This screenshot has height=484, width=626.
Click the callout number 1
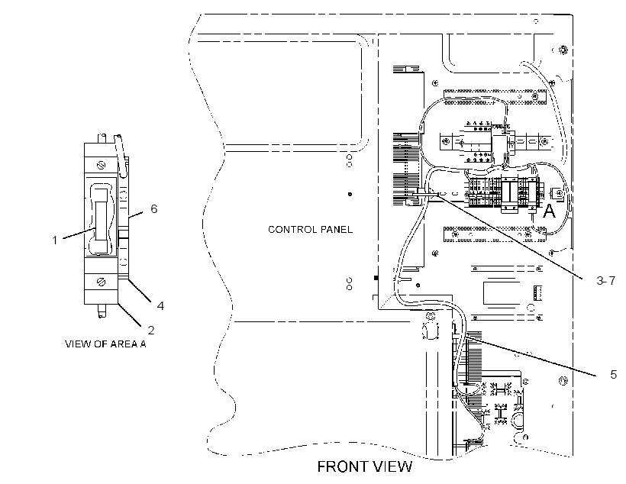pyautogui.click(x=55, y=240)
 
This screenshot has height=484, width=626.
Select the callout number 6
pyautogui.click(x=154, y=208)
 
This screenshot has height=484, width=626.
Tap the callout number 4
pyautogui.click(x=160, y=305)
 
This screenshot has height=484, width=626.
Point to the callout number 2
pyautogui.click(x=151, y=330)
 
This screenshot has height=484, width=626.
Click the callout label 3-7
pyautogui.click(x=606, y=281)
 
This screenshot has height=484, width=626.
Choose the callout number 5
pyautogui.click(x=614, y=375)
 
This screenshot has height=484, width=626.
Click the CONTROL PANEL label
pyautogui.click(x=310, y=229)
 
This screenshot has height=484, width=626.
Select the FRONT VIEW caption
pyautogui.click(x=364, y=466)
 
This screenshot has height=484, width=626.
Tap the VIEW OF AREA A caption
pyautogui.click(x=105, y=344)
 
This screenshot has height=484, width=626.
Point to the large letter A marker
pyautogui.click(x=550, y=211)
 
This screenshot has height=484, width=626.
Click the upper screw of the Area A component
pyautogui.click(x=101, y=164)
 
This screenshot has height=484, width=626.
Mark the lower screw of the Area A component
pyautogui.click(x=102, y=282)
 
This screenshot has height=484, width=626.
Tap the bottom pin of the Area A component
pyautogui.click(x=102, y=311)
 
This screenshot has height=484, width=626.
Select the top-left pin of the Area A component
pyautogui.click(x=102, y=139)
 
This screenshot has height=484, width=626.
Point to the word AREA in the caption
pyautogui.click(x=124, y=344)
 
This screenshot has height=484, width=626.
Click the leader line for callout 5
pyautogui.click(x=531, y=357)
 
